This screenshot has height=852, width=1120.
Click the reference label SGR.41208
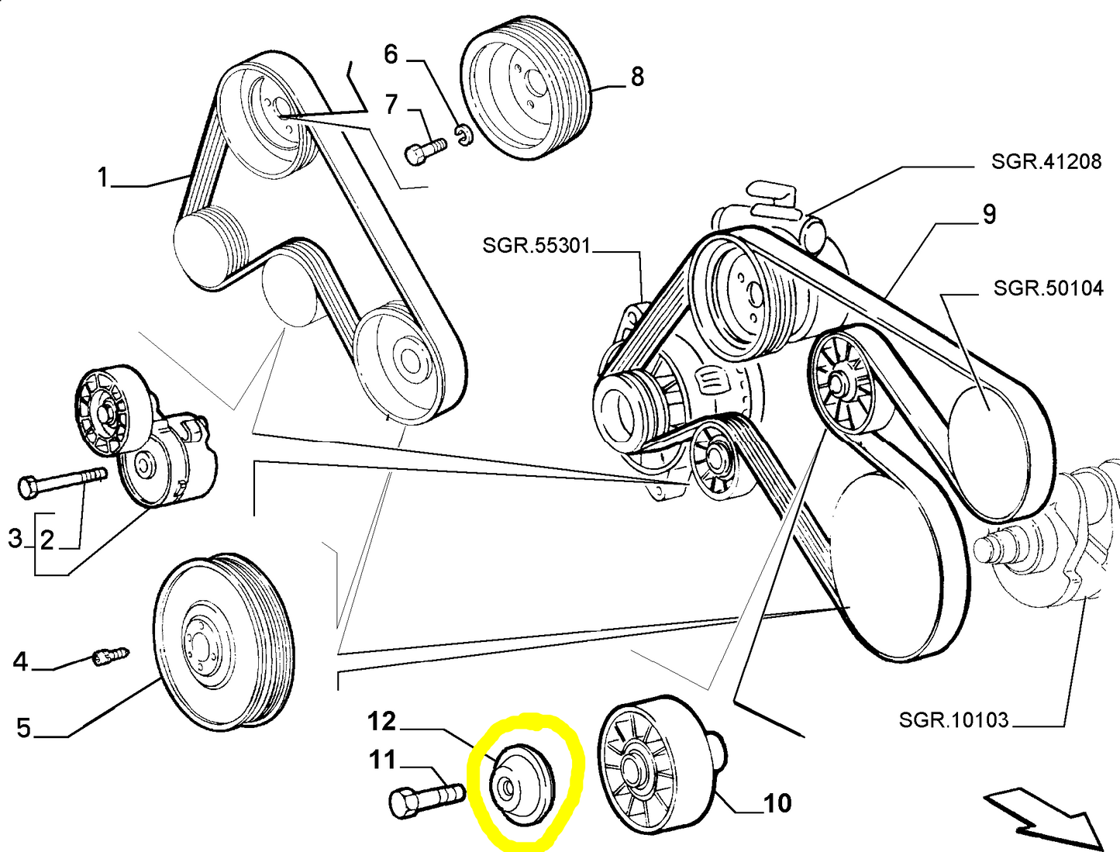(1046, 161)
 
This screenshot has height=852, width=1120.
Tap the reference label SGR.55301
(536, 246)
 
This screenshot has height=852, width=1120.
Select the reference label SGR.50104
(1048, 288)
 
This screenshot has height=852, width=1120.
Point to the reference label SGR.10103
(953, 719)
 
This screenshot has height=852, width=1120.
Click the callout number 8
(637, 77)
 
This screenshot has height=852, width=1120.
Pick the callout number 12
(381, 722)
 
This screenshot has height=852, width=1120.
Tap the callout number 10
(777, 803)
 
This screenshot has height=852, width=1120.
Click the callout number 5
(24, 728)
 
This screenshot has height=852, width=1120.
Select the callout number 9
(989, 214)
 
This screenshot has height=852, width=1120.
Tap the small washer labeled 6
(464, 136)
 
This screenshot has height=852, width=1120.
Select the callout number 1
(102, 178)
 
